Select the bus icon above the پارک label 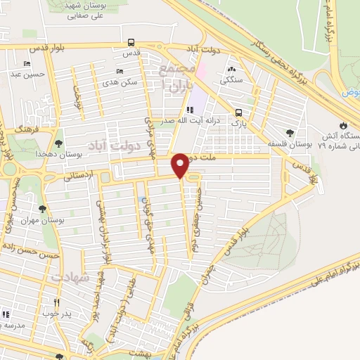tap(240, 112)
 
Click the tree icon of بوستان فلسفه tap(290, 133)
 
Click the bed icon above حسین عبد tap(27, 63)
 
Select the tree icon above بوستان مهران tap(43, 209)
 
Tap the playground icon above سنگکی tap(232, 70)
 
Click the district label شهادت tap(68, 278)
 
